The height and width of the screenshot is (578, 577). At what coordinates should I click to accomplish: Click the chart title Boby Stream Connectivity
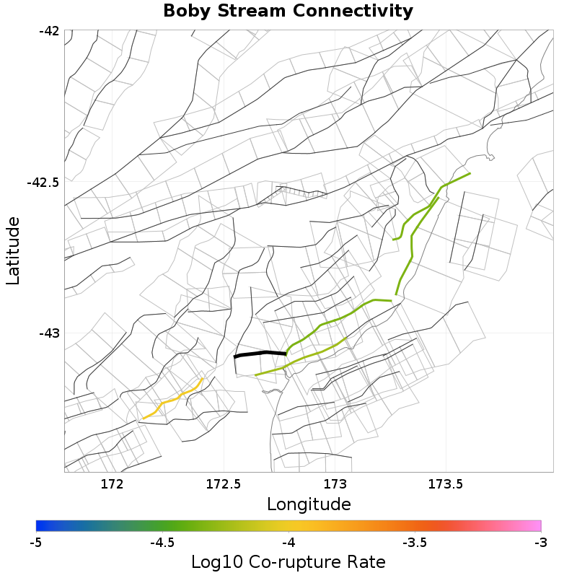click(288, 12)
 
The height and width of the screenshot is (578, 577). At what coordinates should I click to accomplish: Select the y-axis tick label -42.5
click(43, 183)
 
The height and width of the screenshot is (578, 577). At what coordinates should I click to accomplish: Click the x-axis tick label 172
click(113, 483)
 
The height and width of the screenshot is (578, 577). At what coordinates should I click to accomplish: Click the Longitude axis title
click(309, 504)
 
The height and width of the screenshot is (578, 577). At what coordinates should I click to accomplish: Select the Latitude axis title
click(14, 251)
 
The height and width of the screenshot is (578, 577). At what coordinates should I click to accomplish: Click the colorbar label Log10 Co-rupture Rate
click(288, 562)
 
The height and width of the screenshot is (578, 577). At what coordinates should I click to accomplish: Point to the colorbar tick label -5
click(35, 542)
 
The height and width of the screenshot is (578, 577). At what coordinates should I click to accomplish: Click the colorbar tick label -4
click(288, 542)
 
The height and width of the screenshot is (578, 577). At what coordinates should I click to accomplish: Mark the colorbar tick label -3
click(540, 542)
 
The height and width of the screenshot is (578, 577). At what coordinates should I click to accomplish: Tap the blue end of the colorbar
click(40, 525)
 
